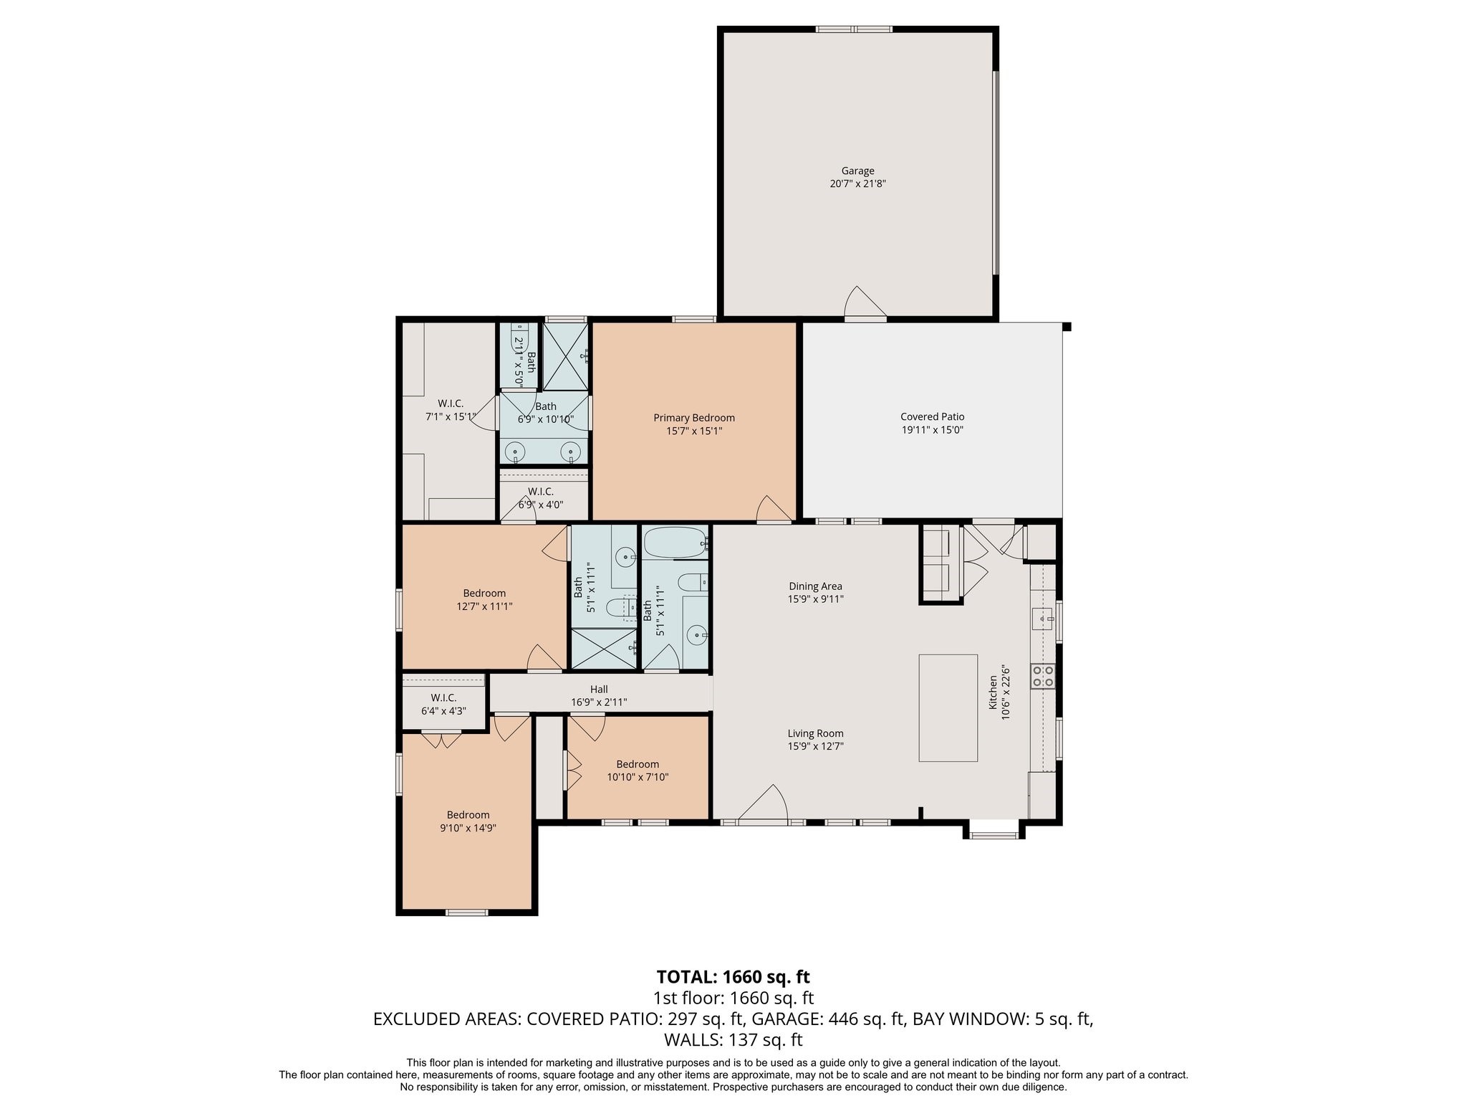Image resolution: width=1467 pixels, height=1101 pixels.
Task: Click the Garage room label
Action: click(x=857, y=171)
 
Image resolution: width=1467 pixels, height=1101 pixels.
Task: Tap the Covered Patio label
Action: click(x=932, y=416)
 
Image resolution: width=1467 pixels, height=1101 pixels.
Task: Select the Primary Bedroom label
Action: click(x=693, y=418)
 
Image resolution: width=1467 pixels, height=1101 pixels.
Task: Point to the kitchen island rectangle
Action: click(x=948, y=707)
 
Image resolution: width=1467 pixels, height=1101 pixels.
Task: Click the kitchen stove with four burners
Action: click(x=1042, y=676)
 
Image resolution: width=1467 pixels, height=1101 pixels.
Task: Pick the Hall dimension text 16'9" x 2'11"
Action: click(x=599, y=702)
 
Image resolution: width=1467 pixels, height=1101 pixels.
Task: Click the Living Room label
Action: click(x=815, y=733)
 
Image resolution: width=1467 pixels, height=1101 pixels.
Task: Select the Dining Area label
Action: click(x=815, y=586)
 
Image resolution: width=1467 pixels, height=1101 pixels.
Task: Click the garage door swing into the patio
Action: click(x=865, y=302)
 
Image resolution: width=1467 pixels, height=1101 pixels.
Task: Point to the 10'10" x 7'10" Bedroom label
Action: click(x=638, y=764)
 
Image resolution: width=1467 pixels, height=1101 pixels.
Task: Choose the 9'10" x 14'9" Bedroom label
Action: click(x=468, y=814)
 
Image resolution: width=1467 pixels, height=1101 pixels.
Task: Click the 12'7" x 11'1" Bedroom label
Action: click(x=484, y=593)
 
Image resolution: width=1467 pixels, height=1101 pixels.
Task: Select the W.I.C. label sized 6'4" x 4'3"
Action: click(x=443, y=698)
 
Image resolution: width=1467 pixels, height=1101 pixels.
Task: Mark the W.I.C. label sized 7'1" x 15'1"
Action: click(x=451, y=404)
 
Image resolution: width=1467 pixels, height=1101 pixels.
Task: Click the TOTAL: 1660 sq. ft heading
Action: click(x=733, y=977)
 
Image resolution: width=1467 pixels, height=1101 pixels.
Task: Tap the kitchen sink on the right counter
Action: click(x=1042, y=616)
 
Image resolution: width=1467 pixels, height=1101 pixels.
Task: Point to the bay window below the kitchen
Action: click(x=994, y=829)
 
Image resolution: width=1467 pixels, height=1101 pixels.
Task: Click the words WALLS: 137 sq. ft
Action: click(x=733, y=1040)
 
